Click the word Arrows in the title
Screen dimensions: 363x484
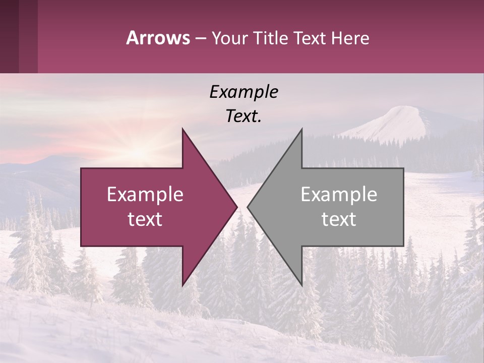pos(158,38)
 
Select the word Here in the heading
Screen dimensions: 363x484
pos(351,38)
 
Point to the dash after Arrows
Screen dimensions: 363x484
pos(200,39)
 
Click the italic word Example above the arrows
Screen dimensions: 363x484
pos(244,92)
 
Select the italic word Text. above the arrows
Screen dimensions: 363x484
pos(244,116)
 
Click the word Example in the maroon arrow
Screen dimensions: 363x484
pos(145,195)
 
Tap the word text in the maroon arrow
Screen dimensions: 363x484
pos(145,219)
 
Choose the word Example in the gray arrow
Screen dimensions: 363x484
pos(339,195)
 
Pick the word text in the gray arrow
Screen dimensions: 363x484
pos(339,219)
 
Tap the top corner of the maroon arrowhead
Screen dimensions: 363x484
pos(183,130)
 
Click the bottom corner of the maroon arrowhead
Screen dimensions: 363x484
pos(183,284)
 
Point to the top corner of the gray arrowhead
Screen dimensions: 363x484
pos(301,130)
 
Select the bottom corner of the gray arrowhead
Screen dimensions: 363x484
pos(301,284)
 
